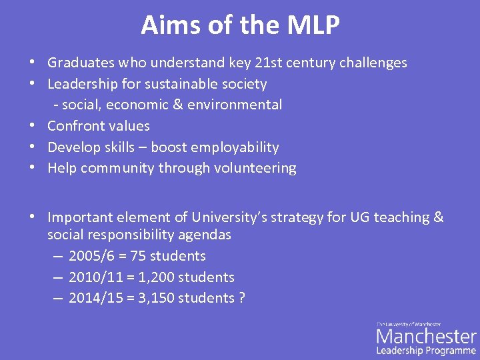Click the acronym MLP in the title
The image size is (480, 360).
click(313, 25)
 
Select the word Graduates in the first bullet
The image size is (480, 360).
click(81, 63)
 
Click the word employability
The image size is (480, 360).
click(238, 147)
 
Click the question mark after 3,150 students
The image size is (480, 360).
click(241, 298)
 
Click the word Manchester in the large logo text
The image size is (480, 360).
click(427, 336)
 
